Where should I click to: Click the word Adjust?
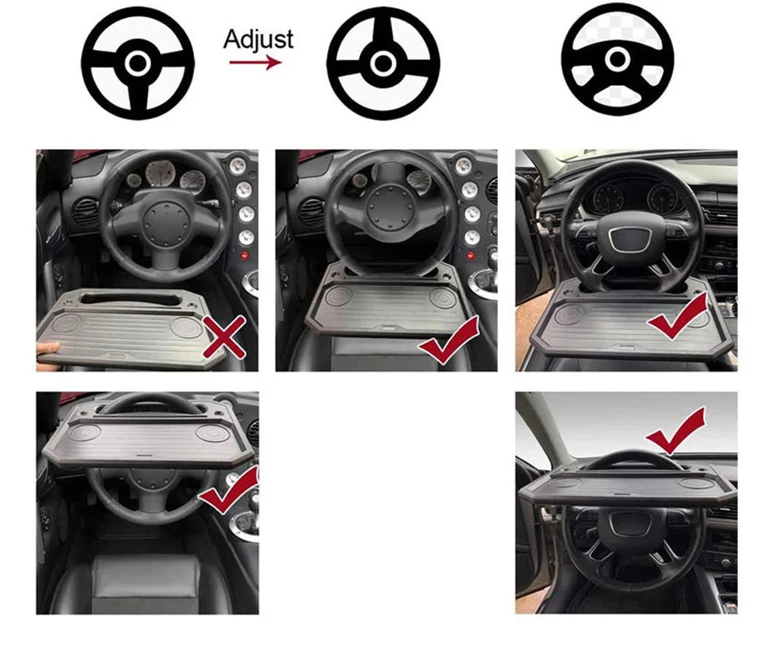click(x=258, y=38)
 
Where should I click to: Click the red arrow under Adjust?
click(x=255, y=62)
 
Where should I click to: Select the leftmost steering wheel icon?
click(x=137, y=62)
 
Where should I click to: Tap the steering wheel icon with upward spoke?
click(x=382, y=62)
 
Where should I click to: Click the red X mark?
click(x=224, y=337)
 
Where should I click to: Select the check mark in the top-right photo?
click(x=677, y=319)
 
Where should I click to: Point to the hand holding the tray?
click(x=48, y=348)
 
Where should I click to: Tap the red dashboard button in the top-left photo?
click(x=245, y=256)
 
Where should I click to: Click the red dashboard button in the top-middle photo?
click(x=471, y=256)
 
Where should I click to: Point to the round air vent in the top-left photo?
click(x=84, y=212)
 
